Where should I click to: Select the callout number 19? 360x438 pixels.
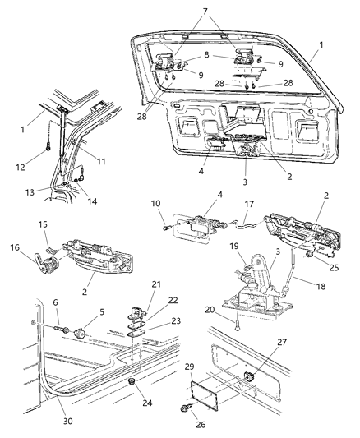[x=233, y=246]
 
